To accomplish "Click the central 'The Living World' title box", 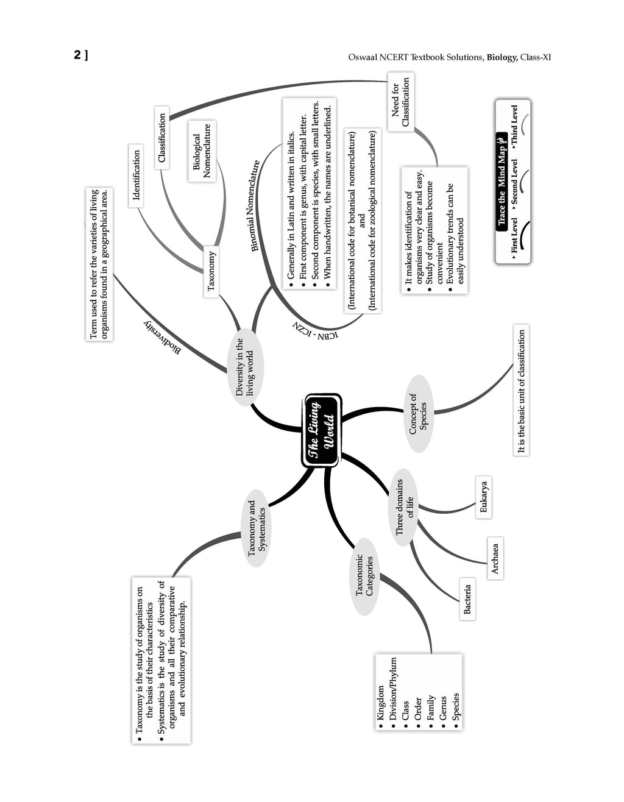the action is (321, 430).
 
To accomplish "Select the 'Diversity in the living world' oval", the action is (245, 367).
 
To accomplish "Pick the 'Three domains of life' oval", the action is (404, 507).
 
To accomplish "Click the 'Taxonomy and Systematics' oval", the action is (256, 528).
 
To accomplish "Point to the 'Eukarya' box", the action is (483, 497).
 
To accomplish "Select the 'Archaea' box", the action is (495, 558).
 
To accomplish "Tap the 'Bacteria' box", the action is (467, 598).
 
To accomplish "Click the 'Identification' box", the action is (136, 176).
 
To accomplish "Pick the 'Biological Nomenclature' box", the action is (202, 151).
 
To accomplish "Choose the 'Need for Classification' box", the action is (401, 102).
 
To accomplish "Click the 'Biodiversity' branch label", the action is (162, 338).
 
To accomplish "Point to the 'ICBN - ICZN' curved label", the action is (316, 330).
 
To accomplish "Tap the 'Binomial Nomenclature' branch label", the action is (255, 205).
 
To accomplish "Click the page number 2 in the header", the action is (77, 55).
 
